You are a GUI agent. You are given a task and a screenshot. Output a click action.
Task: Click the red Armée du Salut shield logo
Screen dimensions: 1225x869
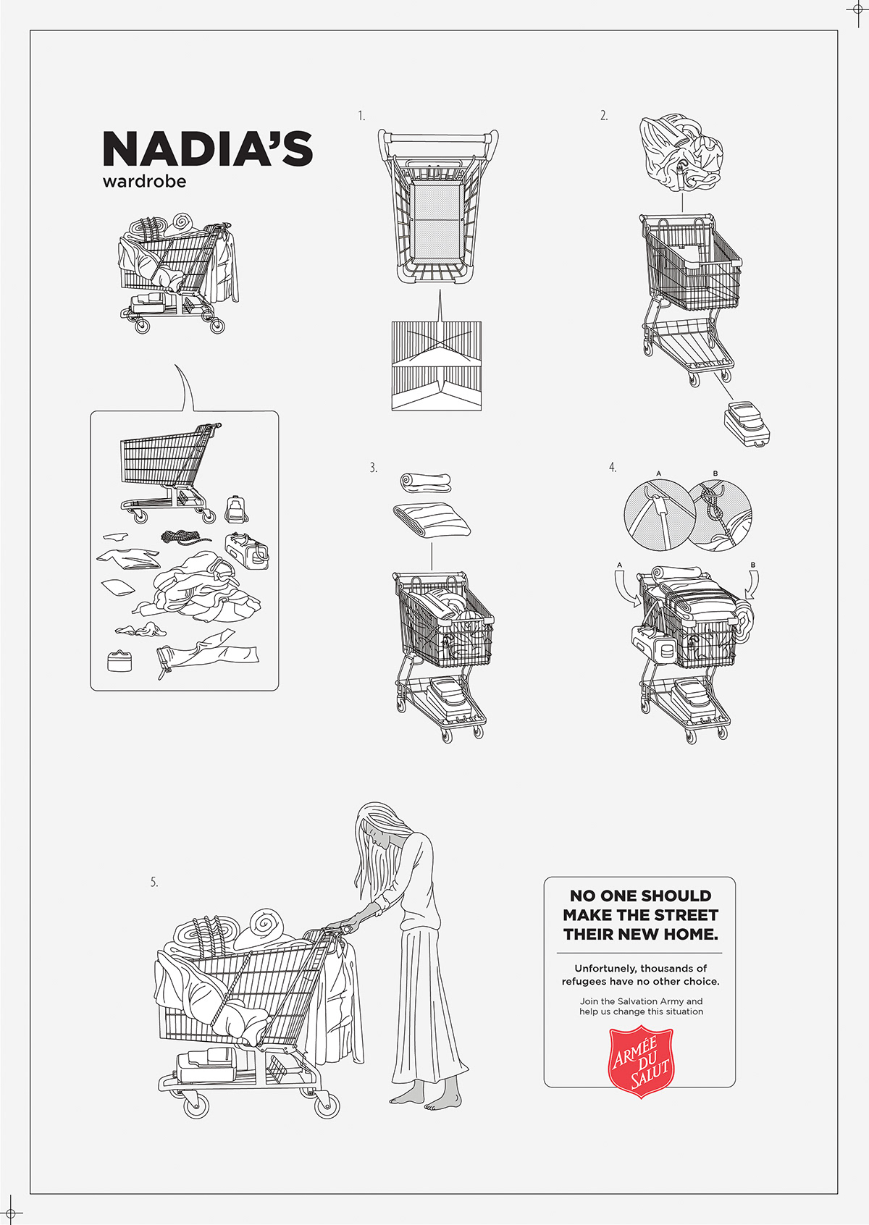coord(641,1062)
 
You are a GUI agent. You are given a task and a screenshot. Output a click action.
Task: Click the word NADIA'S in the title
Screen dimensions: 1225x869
coord(208,149)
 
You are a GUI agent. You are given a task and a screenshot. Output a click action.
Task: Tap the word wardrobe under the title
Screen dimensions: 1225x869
coord(144,181)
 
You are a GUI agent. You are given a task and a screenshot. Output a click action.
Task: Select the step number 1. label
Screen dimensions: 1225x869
coord(361,116)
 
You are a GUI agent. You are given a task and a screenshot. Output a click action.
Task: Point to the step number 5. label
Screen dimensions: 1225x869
coord(154,883)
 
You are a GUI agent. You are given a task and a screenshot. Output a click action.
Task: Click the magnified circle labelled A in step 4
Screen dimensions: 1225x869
coord(655,514)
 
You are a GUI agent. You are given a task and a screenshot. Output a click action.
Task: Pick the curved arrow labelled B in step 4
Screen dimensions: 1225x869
coord(752,585)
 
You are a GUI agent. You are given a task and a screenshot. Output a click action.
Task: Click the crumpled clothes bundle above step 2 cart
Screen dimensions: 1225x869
coord(681,152)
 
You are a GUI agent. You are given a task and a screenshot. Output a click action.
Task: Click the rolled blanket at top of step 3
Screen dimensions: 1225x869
coord(425,481)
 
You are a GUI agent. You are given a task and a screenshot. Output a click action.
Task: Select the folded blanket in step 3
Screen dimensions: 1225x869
coord(432,520)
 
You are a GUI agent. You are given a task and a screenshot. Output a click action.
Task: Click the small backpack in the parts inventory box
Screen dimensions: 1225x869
coord(235,510)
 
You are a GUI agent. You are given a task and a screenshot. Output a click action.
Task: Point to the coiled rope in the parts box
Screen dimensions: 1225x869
coord(182,536)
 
